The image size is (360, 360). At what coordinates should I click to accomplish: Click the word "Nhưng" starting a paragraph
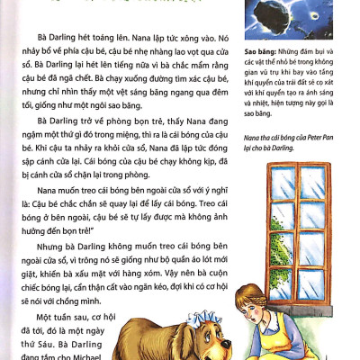47,246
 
